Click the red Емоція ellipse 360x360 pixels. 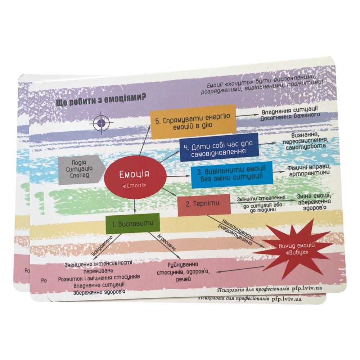click(135, 177)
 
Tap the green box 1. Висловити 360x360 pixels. click(133, 224)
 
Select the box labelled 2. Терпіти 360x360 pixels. click(204, 205)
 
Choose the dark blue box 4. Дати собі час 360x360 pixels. click(219, 147)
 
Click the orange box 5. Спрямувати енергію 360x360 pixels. click(193, 122)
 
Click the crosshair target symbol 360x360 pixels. click(101, 123)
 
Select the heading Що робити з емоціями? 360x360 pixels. click(101, 100)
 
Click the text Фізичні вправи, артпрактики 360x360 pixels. click(309, 170)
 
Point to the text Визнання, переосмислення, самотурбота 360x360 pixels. click(306, 141)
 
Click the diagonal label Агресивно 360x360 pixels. click(166, 242)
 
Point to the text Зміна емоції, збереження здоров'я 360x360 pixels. click(314, 202)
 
